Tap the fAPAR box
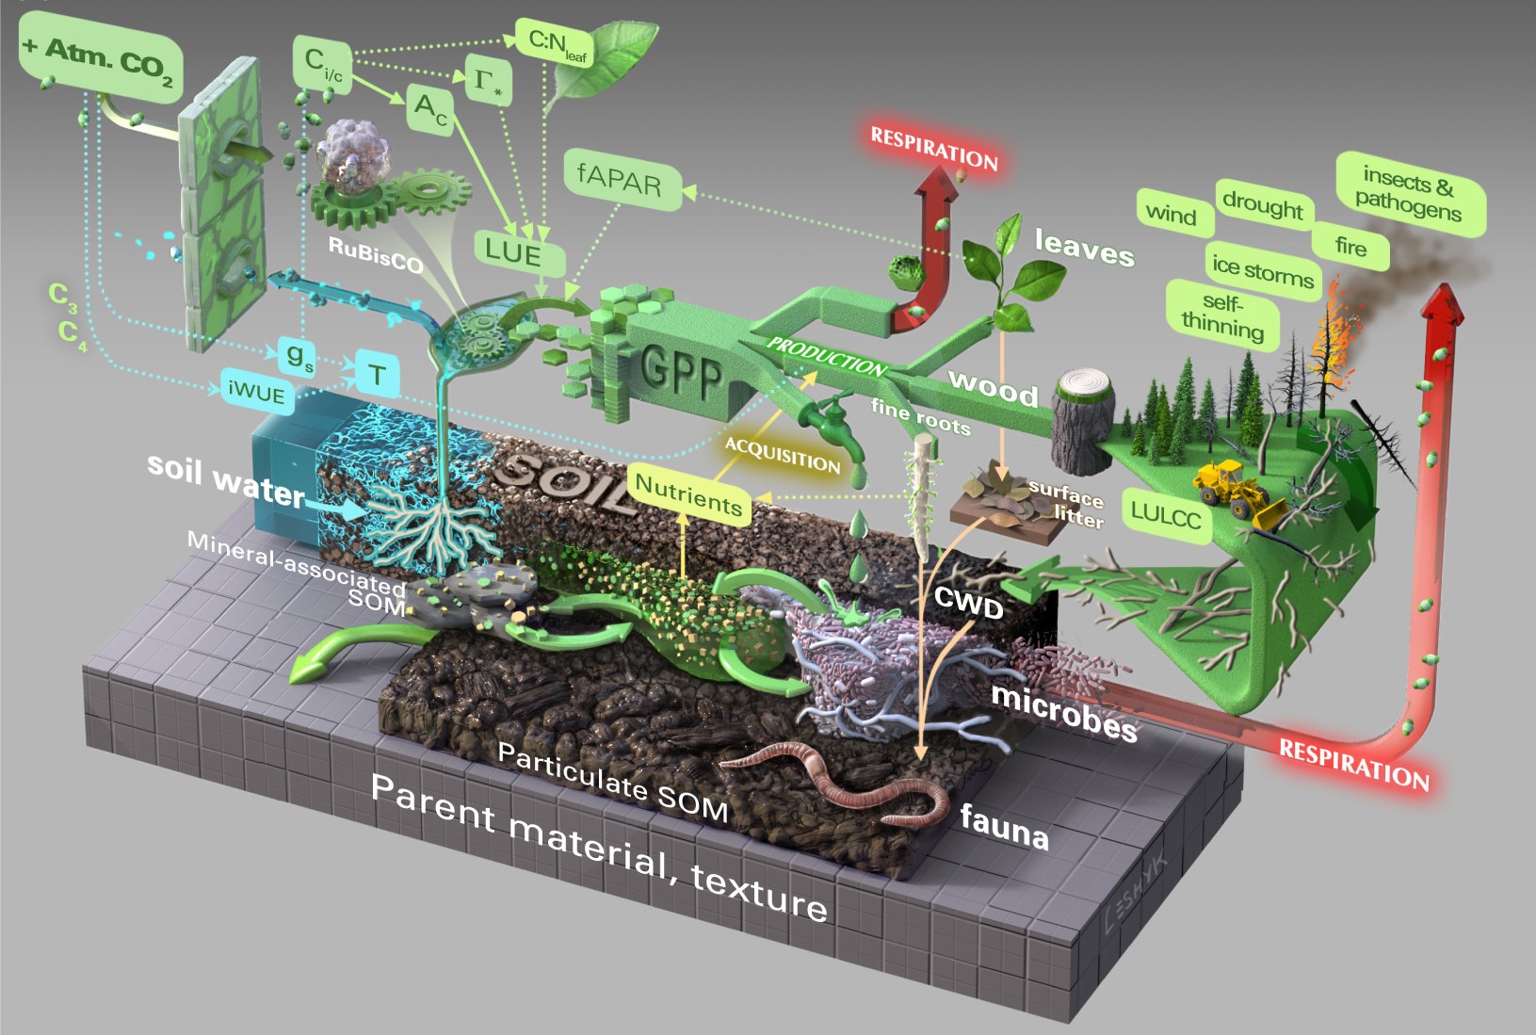(619, 178)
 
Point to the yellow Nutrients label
(688, 494)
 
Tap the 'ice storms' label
(1262, 270)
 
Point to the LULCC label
(1166, 514)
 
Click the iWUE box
(256, 392)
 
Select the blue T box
(377, 375)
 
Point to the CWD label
(968, 604)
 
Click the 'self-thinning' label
(1222, 315)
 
